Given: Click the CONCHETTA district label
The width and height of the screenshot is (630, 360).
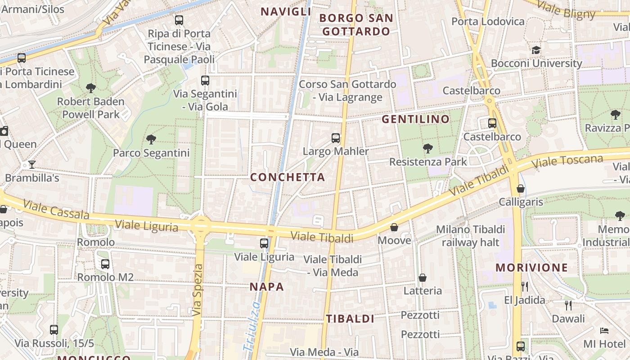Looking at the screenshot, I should (x=288, y=177).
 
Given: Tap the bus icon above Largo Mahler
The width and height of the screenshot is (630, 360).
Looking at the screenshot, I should (x=336, y=138).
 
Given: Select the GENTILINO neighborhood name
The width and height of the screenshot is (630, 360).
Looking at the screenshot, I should (x=416, y=119).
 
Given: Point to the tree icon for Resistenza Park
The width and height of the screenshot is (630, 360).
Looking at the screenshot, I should (x=427, y=148).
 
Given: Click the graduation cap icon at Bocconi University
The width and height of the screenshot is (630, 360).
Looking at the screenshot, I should (x=536, y=50).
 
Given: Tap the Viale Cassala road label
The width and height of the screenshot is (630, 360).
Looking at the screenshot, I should (x=56, y=210).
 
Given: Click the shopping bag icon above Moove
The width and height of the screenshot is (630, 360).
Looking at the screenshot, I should (x=394, y=227).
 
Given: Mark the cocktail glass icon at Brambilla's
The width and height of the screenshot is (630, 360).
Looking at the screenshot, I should (x=32, y=164).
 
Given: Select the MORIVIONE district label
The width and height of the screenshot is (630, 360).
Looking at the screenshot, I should (x=532, y=268).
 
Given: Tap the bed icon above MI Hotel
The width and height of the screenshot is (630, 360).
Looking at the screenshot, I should (x=604, y=331).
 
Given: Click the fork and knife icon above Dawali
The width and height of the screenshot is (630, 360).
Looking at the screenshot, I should (x=568, y=306).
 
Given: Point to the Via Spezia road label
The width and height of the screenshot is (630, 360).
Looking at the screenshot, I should (x=198, y=290).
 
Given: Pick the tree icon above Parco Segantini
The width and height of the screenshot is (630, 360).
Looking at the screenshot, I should (x=151, y=139).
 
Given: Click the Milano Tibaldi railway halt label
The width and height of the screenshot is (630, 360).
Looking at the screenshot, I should (x=471, y=236).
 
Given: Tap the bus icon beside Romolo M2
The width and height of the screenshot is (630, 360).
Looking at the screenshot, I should (x=105, y=264).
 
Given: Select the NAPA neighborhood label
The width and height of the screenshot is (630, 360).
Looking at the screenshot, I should (x=267, y=287).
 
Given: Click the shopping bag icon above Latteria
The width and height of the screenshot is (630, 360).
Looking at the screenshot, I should (x=423, y=278).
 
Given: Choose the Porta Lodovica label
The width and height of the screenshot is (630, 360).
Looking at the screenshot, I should (x=488, y=21).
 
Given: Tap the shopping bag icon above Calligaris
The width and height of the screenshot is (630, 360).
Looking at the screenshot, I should (x=521, y=189).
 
